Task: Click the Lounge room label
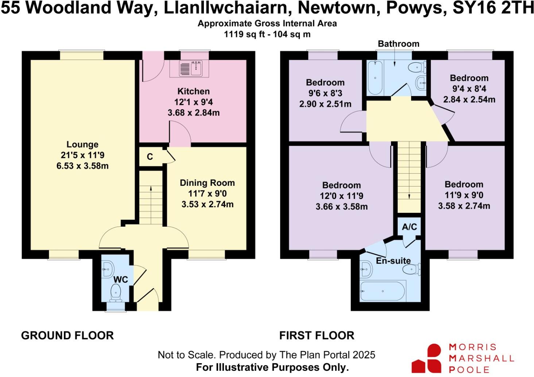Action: [x=82, y=145]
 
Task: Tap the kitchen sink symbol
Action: [x=191, y=68]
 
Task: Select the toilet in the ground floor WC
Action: [x=116, y=292]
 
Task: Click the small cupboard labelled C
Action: [x=150, y=157]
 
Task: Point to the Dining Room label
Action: [x=207, y=183]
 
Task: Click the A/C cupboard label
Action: [x=409, y=227]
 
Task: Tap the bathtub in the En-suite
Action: [x=383, y=291]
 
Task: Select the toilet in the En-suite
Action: [x=411, y=270]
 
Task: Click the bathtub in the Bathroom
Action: [x=375, y=77]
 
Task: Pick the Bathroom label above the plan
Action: [x=398, y=44]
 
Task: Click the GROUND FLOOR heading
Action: [x=67, y=335]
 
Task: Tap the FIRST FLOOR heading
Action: [x=317, y=335]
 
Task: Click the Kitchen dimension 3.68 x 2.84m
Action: [x=194, y=113]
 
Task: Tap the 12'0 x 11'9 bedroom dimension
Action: [x=341, y=196]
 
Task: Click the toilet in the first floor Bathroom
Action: [x=416, y=68]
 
